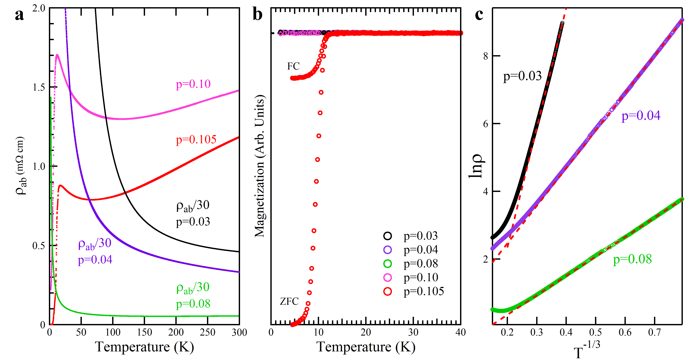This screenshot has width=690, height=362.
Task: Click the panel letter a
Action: (19, 15)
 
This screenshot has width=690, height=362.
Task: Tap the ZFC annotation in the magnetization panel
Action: (289, 301)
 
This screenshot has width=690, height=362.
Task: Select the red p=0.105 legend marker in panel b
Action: (388, 291)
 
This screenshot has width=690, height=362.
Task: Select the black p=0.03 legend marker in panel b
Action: (388, 236)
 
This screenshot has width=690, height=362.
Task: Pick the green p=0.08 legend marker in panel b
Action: (388, 264)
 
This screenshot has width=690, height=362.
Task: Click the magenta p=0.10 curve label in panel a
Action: (193, 84)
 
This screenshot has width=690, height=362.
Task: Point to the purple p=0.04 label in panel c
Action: (641, 116)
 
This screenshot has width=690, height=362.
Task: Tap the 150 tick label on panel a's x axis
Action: (144, 332)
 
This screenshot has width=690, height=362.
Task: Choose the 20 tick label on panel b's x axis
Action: (366, 332)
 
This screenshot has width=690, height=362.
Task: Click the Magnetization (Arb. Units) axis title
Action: (259, 166)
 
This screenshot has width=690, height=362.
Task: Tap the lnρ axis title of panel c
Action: (476, 166)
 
